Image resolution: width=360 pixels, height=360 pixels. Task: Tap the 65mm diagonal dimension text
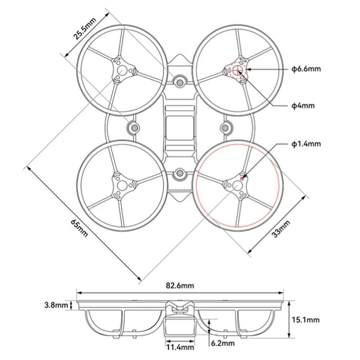[79, 228]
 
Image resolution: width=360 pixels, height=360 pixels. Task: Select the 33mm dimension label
[281, 229]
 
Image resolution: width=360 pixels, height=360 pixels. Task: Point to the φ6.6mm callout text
[306, 69]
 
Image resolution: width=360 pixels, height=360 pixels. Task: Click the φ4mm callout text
[303, 106]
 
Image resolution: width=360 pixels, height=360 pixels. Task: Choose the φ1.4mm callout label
[306, 144]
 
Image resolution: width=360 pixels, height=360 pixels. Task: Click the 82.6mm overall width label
[180, 286]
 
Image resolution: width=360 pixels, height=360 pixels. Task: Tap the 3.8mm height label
[56, 305]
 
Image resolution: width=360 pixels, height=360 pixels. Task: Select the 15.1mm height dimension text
[306, 320]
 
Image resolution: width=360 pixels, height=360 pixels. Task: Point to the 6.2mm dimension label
[223, 343]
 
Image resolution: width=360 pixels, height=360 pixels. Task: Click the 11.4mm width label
[180, 347]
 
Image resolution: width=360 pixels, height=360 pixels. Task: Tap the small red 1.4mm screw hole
[242, 178]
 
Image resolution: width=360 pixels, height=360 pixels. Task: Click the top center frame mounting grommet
[179, 82]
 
